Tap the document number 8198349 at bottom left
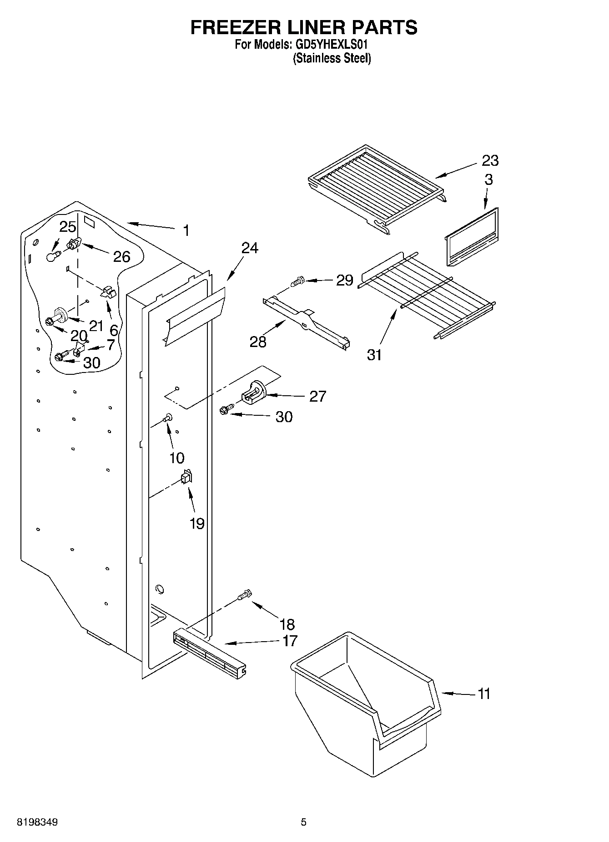coord(37,822)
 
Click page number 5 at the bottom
coord(303,822)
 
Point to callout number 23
coord(490,160)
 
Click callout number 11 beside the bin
coord(484,694)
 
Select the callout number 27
coord(317,396)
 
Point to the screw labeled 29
coord(298,281)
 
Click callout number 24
coord(250,248)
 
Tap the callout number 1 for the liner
coord(186,230)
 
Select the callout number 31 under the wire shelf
coord(374,355)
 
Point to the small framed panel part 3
coord(471,237)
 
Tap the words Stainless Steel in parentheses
coord(332,58)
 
